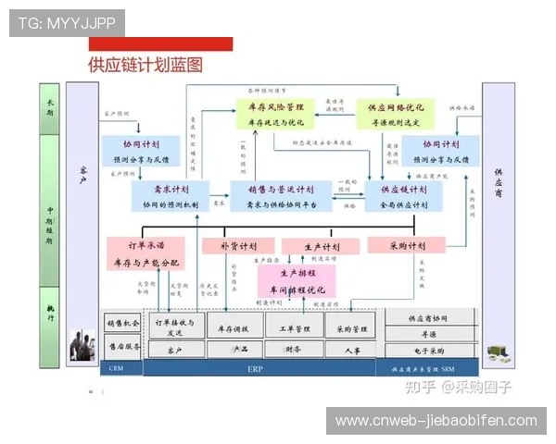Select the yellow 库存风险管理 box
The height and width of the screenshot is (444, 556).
coord(275,114)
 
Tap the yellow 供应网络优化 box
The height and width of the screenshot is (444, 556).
coord(396,114)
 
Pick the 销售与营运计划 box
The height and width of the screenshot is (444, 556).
coord(275,197)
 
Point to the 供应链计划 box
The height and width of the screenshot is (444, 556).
coord(404,197)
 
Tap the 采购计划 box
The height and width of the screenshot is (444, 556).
coord(406,246)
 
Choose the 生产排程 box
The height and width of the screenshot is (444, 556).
coord(296,280)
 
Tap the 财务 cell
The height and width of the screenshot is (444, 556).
coord(292,350)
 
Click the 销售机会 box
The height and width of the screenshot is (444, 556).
coord(122,324)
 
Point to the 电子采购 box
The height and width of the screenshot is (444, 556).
coord(428,351)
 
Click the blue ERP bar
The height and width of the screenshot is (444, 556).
coord(256,368)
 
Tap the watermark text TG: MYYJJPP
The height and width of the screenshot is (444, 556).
coord(67,23)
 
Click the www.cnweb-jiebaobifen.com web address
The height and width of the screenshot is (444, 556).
coord(436,421)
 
